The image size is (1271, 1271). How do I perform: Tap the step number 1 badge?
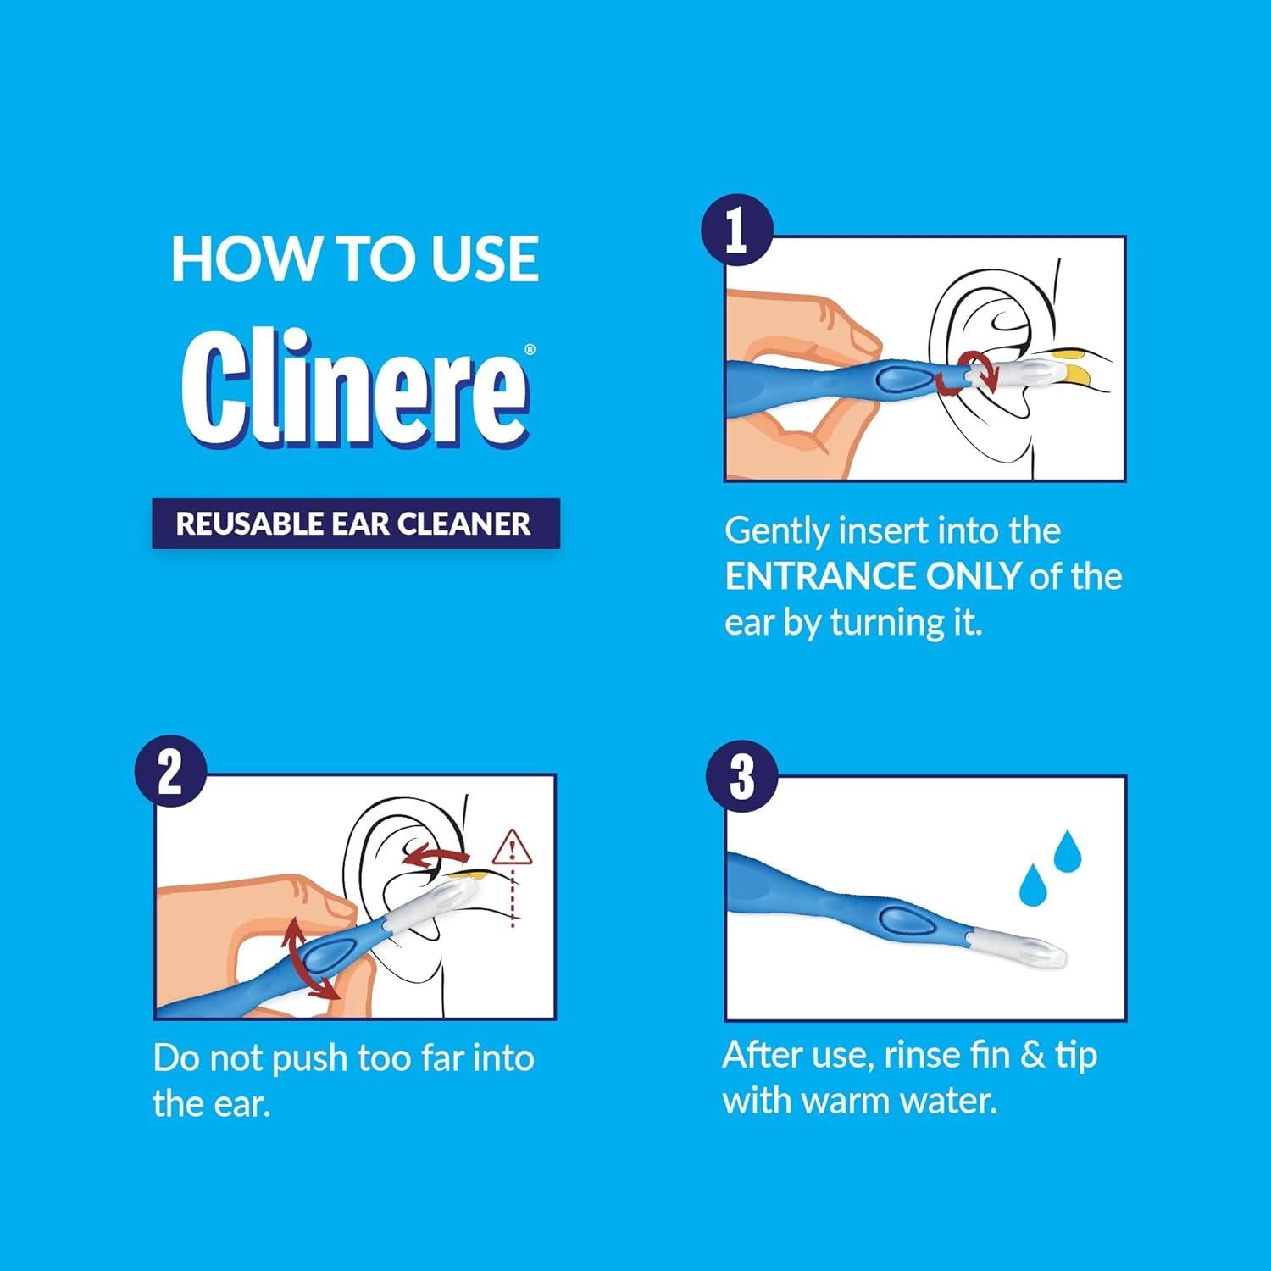(736, 230)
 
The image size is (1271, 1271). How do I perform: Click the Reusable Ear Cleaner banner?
(356, 524)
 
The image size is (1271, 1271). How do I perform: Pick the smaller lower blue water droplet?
(1031, 885)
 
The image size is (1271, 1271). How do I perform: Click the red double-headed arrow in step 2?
(307, 958)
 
